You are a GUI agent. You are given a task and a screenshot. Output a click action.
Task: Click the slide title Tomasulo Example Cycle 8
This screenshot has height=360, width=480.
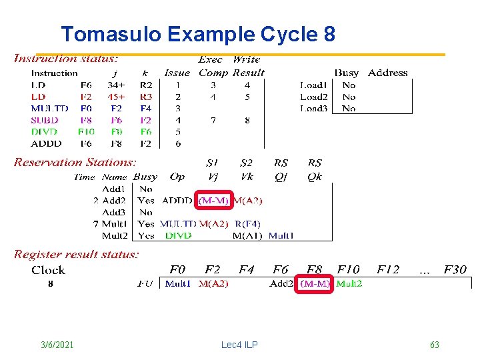coord(197,34)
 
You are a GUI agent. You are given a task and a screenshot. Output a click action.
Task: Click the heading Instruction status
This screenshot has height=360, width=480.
coord(67,59)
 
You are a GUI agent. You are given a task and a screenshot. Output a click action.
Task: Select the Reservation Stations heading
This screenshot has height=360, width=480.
coord(75,162)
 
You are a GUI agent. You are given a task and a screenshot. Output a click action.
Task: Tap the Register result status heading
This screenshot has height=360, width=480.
coord(77,254)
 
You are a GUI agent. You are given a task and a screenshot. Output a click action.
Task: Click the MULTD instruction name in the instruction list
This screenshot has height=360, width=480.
coord(49,108)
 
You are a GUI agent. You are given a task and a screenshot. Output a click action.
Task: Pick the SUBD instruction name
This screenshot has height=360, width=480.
coord(45,120)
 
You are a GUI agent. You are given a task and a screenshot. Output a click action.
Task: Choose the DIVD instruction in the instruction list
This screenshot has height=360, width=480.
coord(45,131)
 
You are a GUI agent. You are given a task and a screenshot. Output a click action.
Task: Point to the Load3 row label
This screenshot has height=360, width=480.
coord(314,108)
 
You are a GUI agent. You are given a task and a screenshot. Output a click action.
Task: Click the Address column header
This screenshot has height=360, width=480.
coord(387,73)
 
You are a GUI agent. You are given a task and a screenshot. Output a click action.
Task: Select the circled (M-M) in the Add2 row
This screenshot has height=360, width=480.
coord(213,201)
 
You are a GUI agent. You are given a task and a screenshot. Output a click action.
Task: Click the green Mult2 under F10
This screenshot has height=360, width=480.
coord(349,283)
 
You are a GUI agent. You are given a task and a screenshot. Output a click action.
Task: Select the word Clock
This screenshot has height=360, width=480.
coord(48,270)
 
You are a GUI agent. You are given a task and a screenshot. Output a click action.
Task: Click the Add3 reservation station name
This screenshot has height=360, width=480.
coord(114,212)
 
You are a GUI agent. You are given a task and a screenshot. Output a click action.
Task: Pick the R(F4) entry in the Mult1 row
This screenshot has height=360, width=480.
coord(247,224)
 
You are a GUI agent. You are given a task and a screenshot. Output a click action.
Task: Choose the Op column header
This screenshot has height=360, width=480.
coord(177,177)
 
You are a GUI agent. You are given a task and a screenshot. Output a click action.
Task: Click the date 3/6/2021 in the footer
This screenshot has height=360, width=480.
coord(57,345)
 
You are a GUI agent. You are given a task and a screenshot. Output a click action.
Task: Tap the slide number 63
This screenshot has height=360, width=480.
coord(435,345)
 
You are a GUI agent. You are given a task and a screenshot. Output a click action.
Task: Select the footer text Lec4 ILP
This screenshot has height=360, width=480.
coord(239,345)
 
